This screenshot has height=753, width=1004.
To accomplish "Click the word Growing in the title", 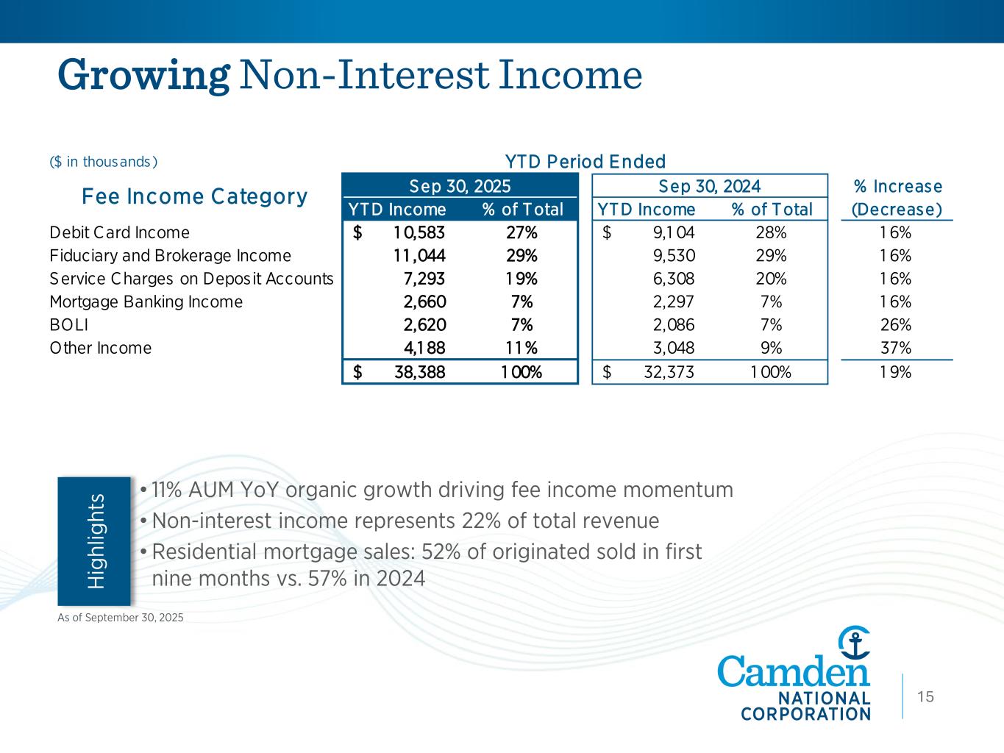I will click(x=144, y=75).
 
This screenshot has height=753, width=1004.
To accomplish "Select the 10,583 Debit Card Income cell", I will click(x=419, y=233).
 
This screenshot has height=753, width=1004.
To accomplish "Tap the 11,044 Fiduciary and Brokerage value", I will click(x=419, y=256).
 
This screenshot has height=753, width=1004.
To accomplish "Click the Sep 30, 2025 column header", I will click(x=460, y=185).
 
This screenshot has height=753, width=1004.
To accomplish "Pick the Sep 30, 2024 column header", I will click(x=710, y=185).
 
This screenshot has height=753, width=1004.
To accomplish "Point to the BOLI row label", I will click(x=68, y=325).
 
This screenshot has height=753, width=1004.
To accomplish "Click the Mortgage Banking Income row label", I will click(x=146, y=302).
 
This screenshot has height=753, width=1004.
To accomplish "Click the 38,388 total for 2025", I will click(x=419, y=372).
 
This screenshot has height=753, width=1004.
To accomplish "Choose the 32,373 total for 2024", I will click(x=669, y=372).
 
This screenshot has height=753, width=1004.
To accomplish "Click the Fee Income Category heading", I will click(x=194, y=197).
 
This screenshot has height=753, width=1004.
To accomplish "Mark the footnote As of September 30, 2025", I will click(x=121, y=618).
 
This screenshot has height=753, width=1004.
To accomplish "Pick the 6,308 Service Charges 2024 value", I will click(x=673, y=279).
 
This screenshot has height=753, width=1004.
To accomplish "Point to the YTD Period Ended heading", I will click(x=585, y=162).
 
